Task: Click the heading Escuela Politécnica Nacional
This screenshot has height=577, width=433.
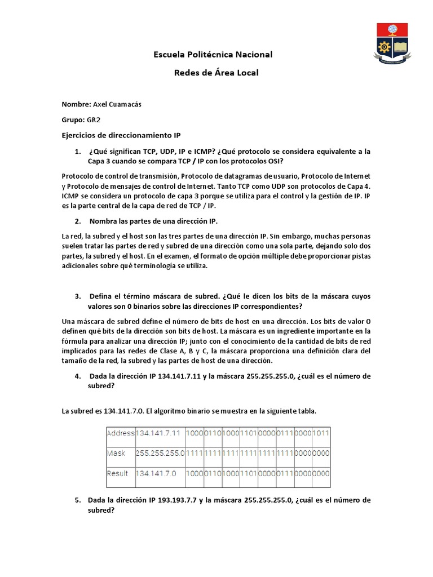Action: [x=213, y=55]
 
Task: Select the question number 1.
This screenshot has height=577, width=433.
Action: [x=78, y=152]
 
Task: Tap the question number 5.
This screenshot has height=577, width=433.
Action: [x=78, y=500]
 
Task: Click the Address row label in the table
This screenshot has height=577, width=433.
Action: [x=120, y=433]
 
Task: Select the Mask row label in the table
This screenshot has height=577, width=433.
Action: [x=116, y=453]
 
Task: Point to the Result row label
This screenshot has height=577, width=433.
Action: [x=117, y=474]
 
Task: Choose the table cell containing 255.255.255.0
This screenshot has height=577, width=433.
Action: [x=160, y=453]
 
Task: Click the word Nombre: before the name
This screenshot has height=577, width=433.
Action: [x=76, y=104]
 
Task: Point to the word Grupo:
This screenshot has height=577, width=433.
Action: [x=73, y=120]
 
